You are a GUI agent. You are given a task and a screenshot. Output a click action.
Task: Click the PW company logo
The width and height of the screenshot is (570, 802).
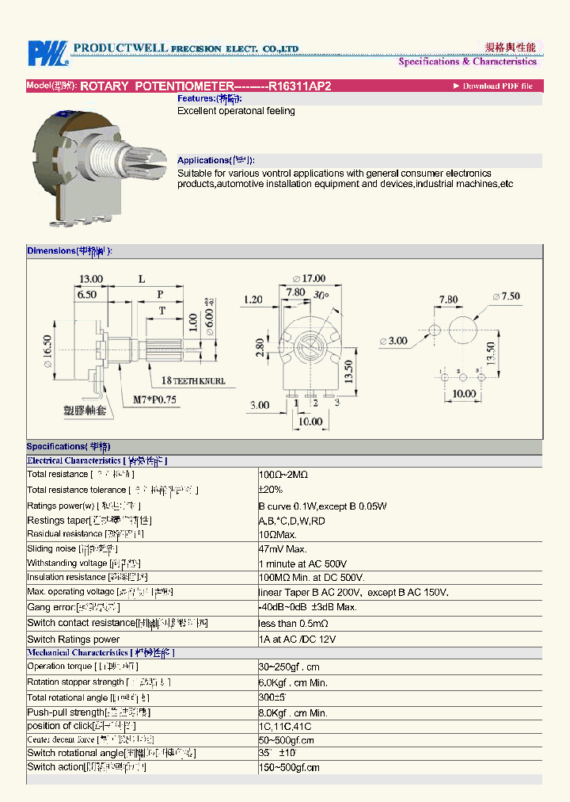47,53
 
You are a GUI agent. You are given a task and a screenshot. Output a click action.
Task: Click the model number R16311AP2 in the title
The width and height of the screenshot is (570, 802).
294,86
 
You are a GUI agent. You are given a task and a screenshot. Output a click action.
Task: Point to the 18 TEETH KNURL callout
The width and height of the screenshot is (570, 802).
193,380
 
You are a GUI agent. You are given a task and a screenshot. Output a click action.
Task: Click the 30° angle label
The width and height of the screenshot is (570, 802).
321,295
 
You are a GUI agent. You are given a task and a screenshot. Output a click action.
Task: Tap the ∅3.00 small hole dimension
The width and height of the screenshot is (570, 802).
393,342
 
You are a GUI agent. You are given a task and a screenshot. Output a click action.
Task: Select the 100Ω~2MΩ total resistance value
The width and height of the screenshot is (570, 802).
283,474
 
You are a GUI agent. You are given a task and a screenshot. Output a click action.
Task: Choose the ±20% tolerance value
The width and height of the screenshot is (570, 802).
271,490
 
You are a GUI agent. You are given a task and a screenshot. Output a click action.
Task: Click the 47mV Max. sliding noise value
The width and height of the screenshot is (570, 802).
283,548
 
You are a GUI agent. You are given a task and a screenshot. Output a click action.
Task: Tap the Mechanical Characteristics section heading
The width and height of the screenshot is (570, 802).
101,653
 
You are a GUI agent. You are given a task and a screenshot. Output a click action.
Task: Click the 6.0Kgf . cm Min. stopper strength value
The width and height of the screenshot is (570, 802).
293,682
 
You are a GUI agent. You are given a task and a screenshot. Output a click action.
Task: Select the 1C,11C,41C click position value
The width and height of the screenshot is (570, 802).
285,726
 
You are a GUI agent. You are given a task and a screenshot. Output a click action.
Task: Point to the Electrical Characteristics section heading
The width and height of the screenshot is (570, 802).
97,460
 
